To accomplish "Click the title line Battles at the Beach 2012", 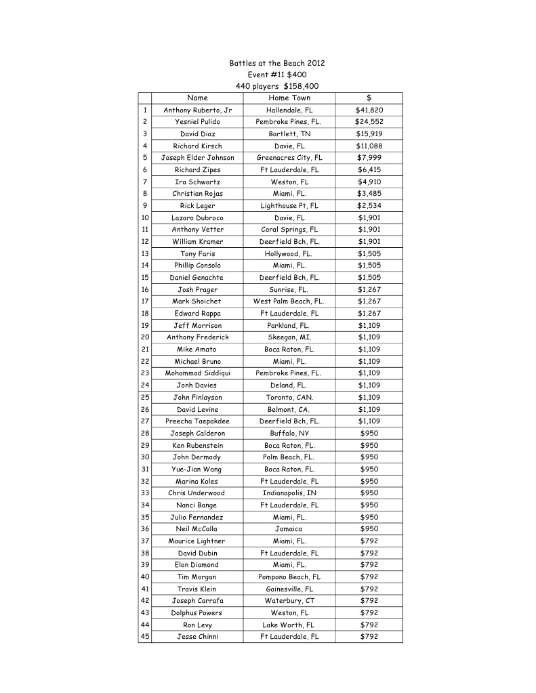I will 277,63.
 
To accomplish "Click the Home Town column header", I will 289,98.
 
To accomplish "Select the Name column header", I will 197,98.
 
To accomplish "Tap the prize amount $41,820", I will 369,110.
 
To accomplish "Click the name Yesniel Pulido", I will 197,122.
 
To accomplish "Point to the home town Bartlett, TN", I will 289,134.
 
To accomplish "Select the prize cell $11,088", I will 369,146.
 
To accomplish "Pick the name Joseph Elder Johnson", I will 197,158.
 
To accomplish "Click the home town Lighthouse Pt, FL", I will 289,206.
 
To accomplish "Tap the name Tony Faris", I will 197,253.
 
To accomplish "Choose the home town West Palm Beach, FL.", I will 289,301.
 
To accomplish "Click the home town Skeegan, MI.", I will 289,337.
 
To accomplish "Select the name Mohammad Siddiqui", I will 197,373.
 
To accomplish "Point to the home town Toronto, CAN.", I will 289,397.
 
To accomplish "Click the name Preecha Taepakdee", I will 197,421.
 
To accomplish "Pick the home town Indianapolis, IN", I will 289,493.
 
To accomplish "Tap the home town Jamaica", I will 289,529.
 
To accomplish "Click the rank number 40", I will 145,577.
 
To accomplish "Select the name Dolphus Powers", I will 197,613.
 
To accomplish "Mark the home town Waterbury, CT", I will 289,601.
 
